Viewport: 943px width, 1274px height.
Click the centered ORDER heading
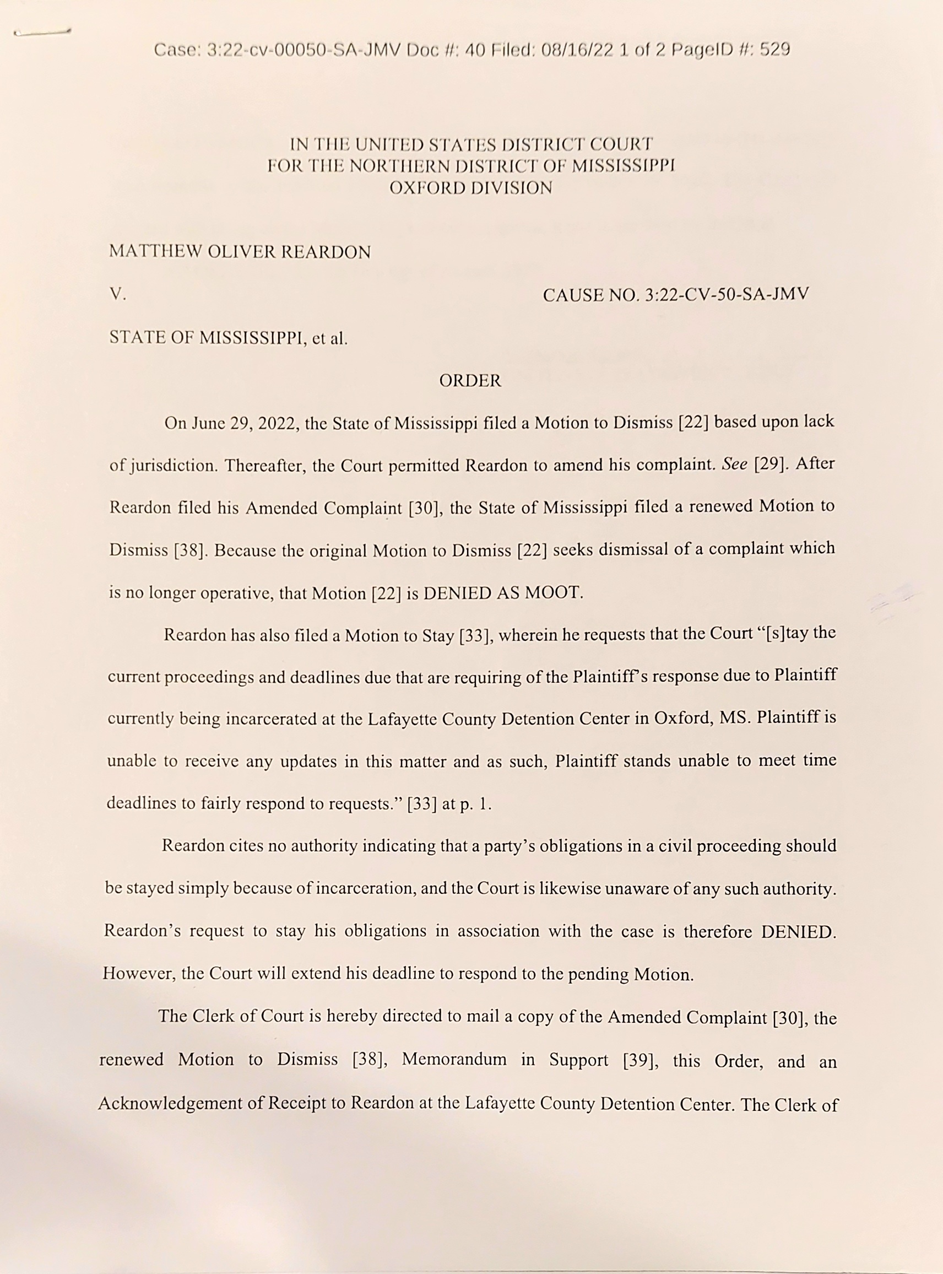470,381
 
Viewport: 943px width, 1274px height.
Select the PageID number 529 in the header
774,50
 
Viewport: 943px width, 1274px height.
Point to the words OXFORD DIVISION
470,188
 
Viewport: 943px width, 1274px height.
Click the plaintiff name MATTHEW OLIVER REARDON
240,252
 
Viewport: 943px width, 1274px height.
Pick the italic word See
735,465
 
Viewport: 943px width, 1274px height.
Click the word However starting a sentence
139,974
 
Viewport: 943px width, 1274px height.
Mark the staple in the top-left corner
42,33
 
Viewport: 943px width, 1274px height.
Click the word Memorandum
454,1060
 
